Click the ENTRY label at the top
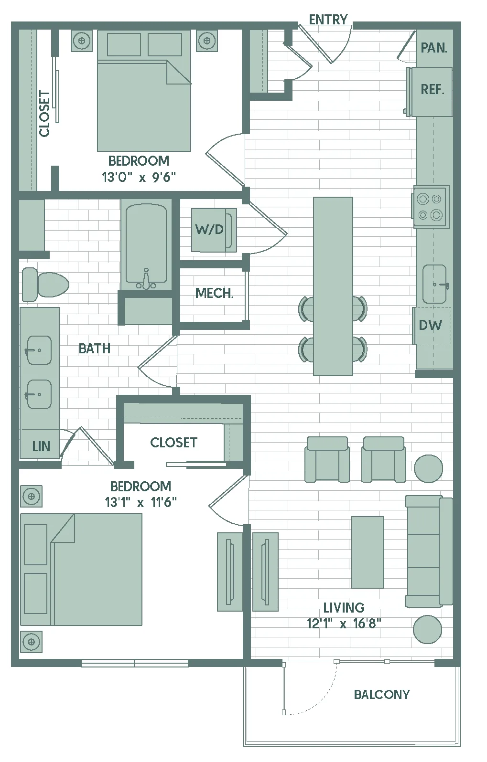tap(328, 20)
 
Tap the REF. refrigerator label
tap(433, 89)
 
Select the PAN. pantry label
tap(434, 48)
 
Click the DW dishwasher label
tap(431, 325)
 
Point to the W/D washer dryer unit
tap(214, 230)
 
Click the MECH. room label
tap(215, 293)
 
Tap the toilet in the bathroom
tap(45, 285)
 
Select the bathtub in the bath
tap(146, 247)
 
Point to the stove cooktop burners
tap(431, 206)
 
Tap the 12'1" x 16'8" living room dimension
tap(344, 624)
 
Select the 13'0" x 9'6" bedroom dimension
tap(139, 177)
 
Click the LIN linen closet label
tap(41, 446)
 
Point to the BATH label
tap(95, 349)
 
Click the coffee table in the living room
tap(368, 552)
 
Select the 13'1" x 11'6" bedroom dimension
tap(141, 502)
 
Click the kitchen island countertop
tap(333, 286)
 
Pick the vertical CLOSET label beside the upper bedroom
tap(44, 113)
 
